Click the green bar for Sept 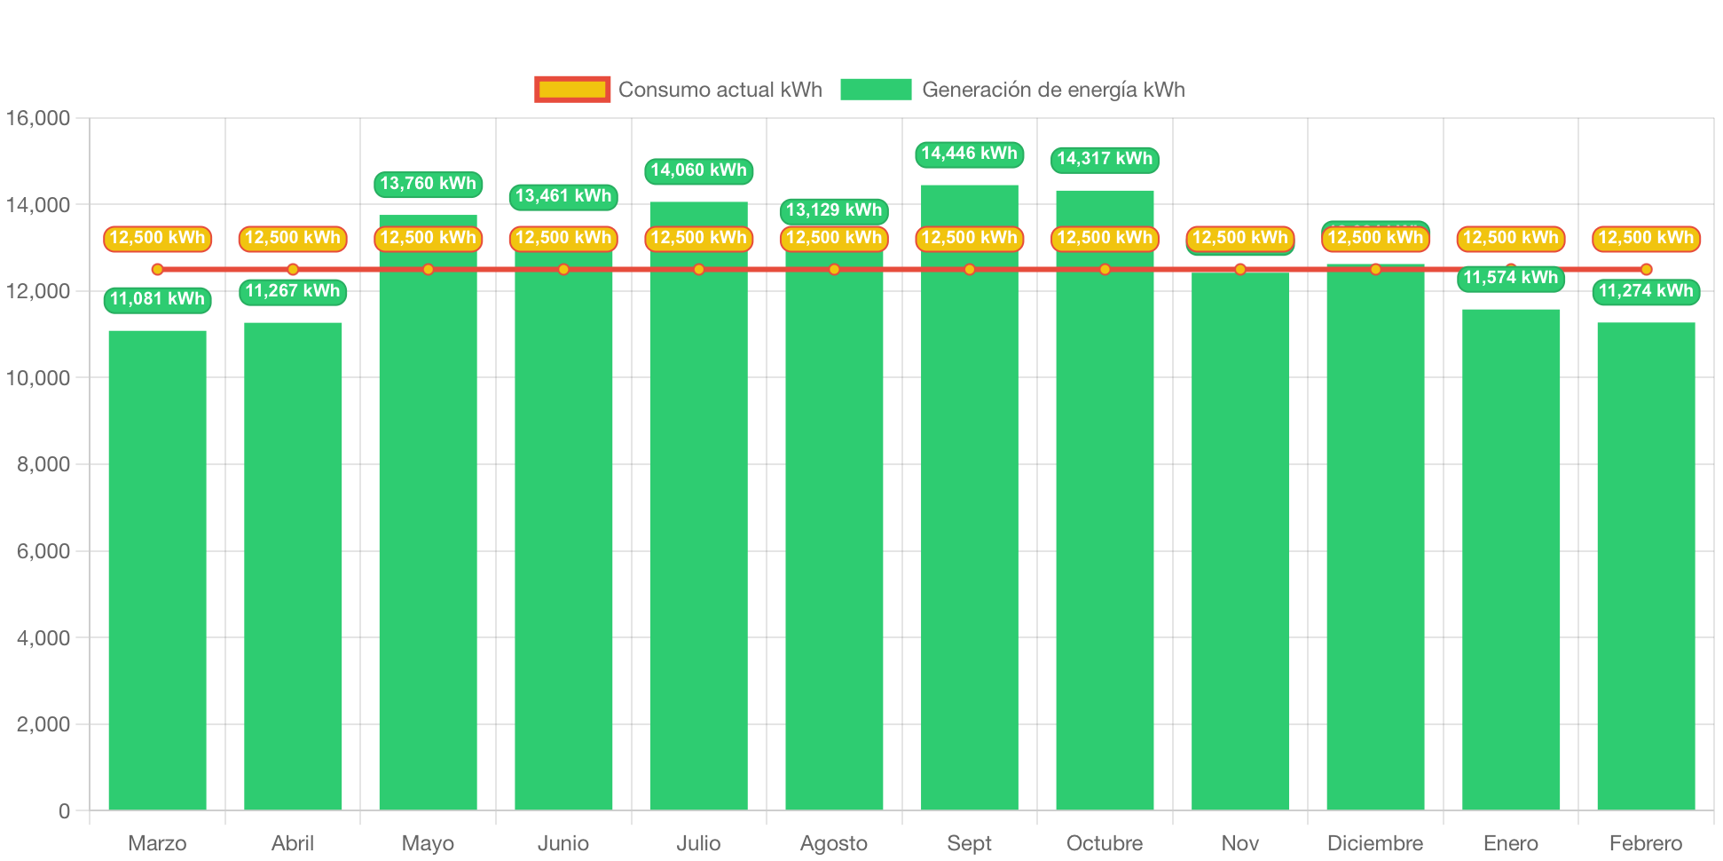tap(969, 533)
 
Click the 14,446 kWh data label tap(969, 154)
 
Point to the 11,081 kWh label tap(157, 299)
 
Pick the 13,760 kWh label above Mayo tap(428, 184)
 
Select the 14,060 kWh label tap(698, 170)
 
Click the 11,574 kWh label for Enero tap(1510, 278)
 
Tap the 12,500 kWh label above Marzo tap(157, 238)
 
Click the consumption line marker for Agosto tap(834, 269)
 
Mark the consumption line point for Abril tap(293, 269)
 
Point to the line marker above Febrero tap(1646, 269)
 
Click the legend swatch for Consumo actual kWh tap(572, 90)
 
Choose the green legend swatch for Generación tap(876, 90)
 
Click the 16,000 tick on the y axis tap(38, 118)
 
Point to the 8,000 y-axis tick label tap(43, 464)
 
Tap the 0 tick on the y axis tap(64, 810)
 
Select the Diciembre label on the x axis tap(1374, 843)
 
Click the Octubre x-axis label tap(1104, 843)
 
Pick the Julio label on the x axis tap(698, 843)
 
